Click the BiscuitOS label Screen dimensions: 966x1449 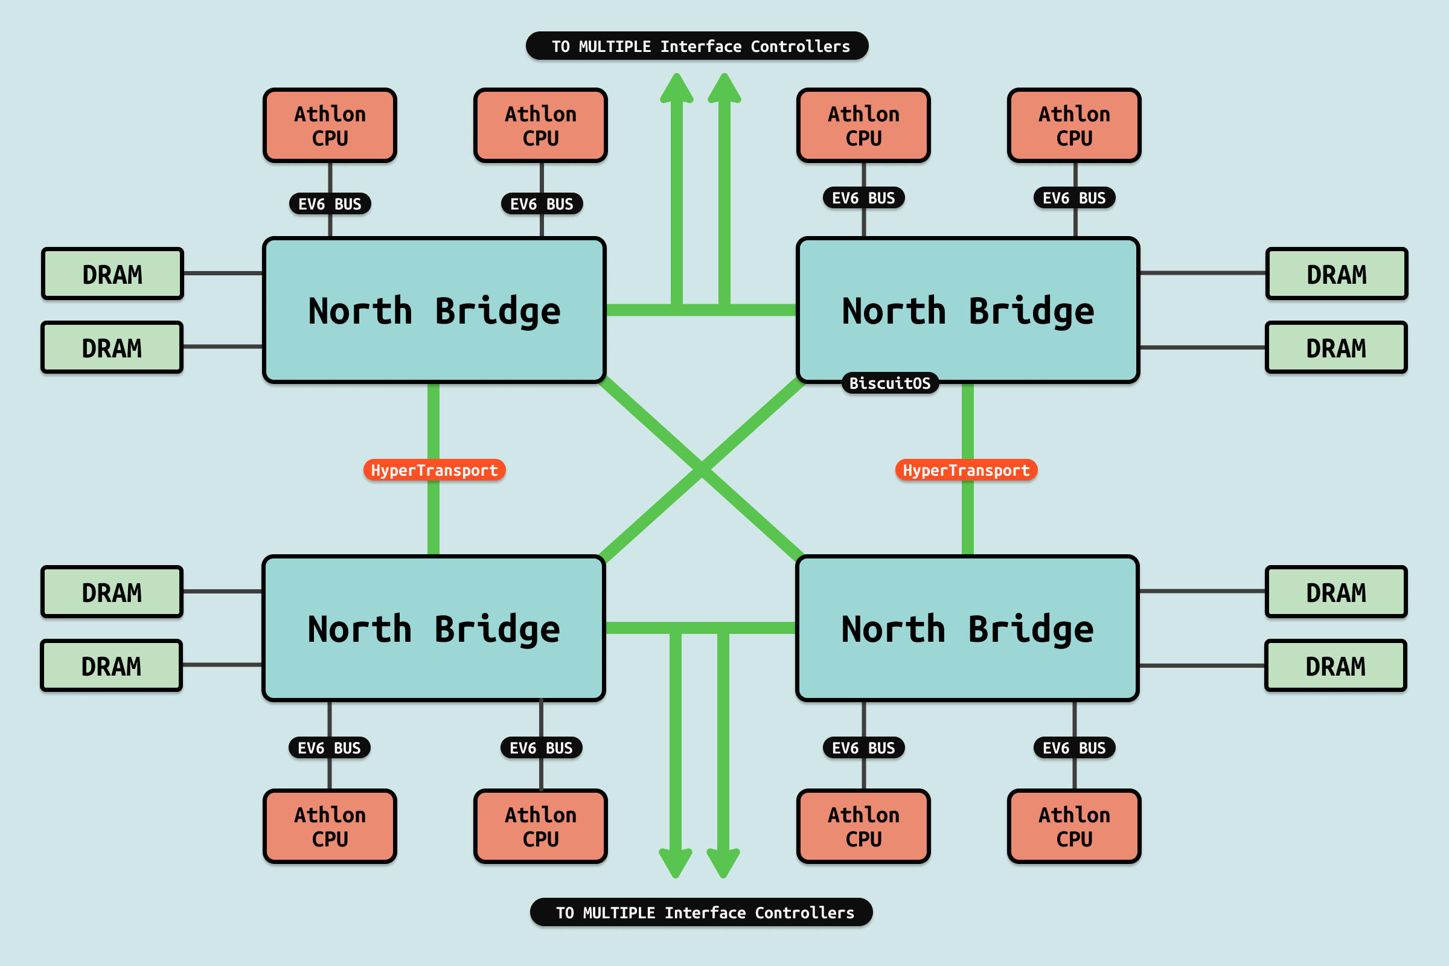[889, 383]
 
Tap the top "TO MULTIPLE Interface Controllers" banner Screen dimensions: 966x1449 [697, 46]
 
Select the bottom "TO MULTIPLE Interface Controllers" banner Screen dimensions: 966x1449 [701, 912]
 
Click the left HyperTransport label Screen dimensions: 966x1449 [434, 470]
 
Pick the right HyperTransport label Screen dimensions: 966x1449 [966, 470]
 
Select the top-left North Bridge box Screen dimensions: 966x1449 [434, 310]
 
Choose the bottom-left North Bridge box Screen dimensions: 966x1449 [433, 629]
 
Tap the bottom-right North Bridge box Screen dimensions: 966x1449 [967, 629]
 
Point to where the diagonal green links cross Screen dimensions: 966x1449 [701, 470]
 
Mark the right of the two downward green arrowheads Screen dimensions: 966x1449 [723, 863]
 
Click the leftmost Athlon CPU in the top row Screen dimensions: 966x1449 [330, 126]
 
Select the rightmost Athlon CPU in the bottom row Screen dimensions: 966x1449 [1074, 826]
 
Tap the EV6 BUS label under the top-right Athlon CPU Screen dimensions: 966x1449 [1074, 198]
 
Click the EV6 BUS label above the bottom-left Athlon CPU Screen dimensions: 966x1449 [329, 748]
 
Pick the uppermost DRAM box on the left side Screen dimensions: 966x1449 [113, 274]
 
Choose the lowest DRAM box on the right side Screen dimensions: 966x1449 [1335, 666]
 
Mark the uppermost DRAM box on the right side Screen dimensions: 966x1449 [1336, 274]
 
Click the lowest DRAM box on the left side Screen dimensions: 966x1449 [112, 666]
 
